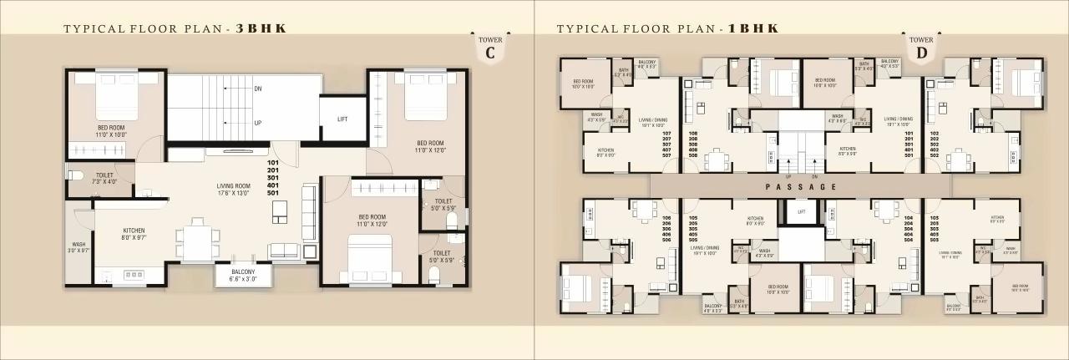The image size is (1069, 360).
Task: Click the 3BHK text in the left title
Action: click(261, 28)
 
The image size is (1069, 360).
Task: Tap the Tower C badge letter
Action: click(490, 53)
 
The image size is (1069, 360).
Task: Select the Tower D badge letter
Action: click(921, 53)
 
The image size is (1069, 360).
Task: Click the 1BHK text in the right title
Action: click(754, 28)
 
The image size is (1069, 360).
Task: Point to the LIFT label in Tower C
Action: click(342, 119)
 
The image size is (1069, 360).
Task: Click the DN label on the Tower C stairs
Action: click(258, 88)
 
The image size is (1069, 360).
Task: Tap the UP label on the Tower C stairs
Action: click(258, 123)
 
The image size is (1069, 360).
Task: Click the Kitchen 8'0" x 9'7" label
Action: click(134, 233)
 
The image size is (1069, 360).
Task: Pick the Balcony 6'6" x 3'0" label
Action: click(243, 275)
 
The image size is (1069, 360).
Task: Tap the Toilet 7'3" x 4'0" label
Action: click(104, 178)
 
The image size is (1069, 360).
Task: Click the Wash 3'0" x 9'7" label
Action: click(79, 247)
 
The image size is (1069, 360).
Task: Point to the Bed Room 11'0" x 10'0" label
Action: click(111, 130)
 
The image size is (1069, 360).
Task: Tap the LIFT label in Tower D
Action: click(801, 212)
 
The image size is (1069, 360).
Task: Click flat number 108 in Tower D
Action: click(692, 134)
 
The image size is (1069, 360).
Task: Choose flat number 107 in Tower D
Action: click(666, 134)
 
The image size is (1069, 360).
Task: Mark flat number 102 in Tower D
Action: click(934, 134)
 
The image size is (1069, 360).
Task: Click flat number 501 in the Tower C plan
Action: click(272, 193)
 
